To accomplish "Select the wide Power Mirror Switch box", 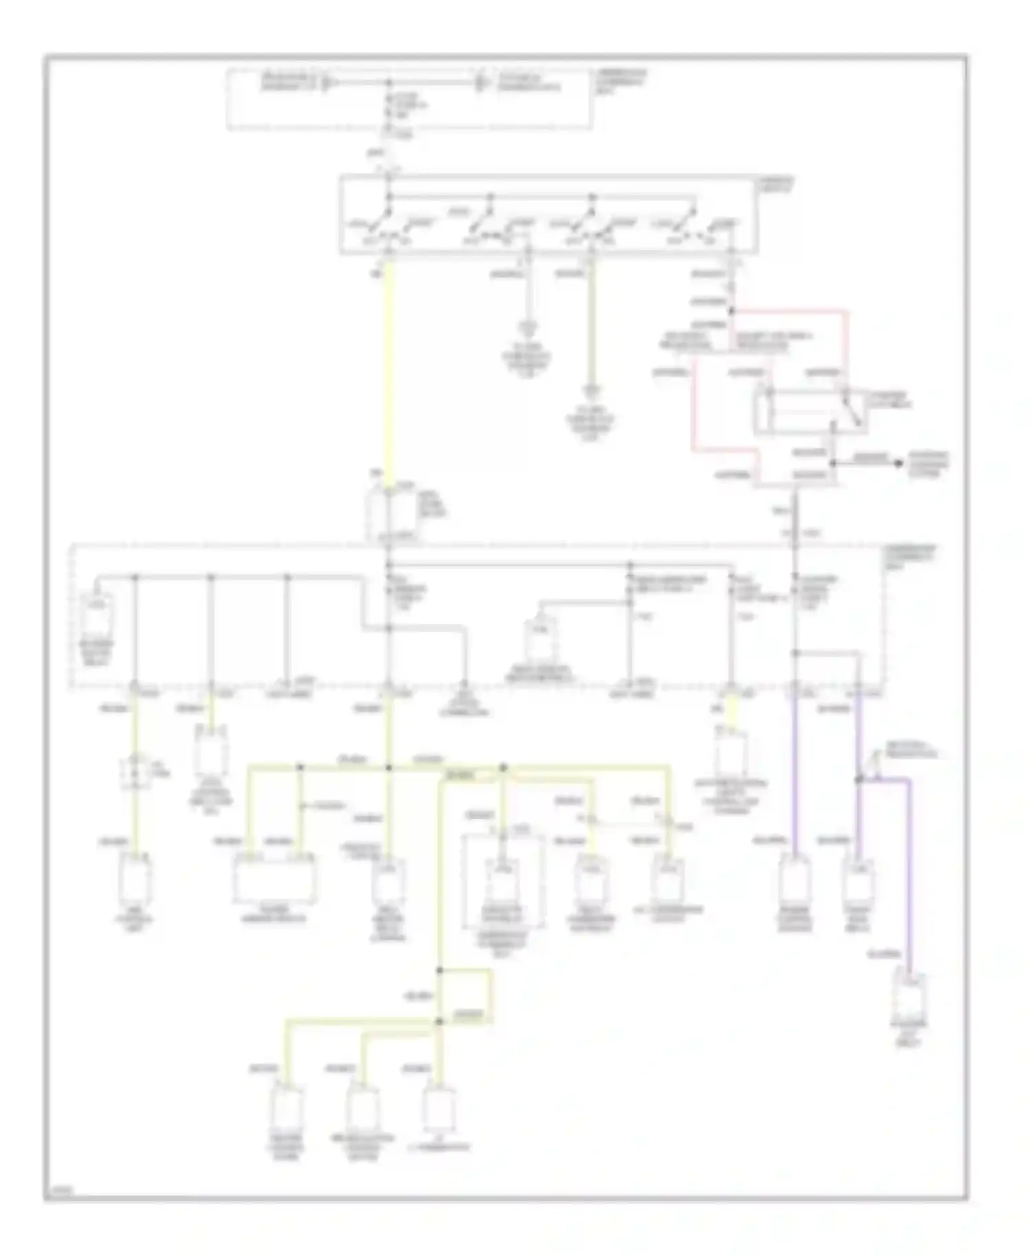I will pyautogui.click(x=275, y=879).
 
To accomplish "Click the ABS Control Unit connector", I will pyautogui.click(x=135, y=880).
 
